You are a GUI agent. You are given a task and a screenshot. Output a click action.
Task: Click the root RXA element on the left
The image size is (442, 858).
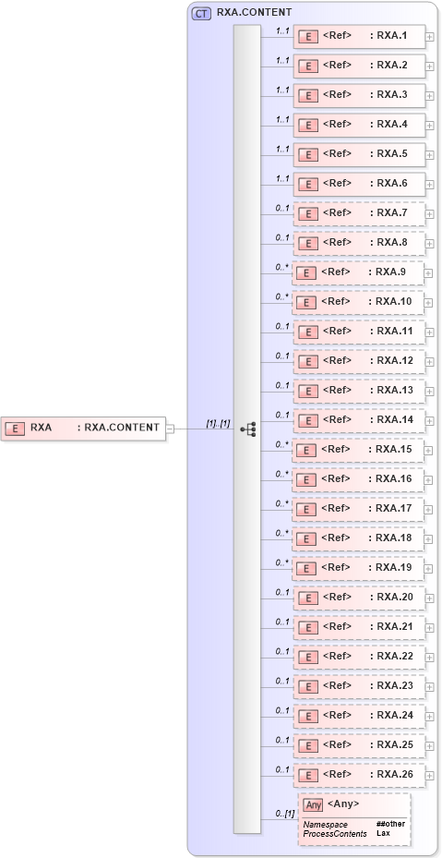83,428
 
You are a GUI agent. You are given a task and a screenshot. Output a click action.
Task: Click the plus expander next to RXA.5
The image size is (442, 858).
429,155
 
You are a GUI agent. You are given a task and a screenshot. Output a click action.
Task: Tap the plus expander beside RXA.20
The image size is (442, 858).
429,598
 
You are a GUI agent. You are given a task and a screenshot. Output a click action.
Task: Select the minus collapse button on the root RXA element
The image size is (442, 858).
170,428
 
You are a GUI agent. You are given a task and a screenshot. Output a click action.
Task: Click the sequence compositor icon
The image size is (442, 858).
247,429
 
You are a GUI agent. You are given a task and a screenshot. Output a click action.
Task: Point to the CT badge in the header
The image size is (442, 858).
201,13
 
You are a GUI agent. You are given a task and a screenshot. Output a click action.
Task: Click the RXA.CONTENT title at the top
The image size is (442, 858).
255,13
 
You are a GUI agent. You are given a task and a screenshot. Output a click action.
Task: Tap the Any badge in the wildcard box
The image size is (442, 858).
314,804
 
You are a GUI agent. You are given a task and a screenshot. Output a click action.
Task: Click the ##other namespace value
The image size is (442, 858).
389,823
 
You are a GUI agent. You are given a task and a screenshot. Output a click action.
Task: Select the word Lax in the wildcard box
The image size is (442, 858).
383,833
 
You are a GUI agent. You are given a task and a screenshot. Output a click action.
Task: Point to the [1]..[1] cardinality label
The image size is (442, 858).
218,423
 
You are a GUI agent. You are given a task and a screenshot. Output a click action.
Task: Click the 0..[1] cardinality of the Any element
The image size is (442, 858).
285,813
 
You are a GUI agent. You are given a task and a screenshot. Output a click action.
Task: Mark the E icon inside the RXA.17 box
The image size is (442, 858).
309,509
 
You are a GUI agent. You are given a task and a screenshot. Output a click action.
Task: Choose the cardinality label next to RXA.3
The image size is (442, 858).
282,91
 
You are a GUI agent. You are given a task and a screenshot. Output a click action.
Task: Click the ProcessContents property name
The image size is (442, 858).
334,833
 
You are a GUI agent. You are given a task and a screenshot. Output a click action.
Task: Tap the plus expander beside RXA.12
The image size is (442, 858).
429,362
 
